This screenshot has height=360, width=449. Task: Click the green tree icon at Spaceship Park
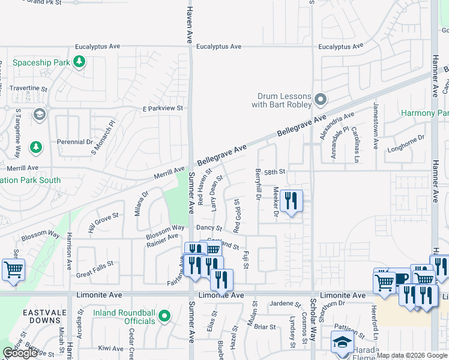click(79, 61)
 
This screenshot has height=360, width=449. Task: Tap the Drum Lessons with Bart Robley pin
click(321, 98)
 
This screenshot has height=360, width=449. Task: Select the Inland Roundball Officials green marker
click(166, 316)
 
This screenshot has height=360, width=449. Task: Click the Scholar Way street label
click(313, 322)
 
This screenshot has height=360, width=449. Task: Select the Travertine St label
click(28, 88)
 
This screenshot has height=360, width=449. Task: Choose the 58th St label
click(274, 172)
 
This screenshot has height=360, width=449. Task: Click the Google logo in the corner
click(20, 353)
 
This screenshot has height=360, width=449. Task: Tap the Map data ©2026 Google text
click(412, 355)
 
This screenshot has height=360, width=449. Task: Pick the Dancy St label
click(209, 229)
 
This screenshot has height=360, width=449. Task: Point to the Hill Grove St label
click(103, 221)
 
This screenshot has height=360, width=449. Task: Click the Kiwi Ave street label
click(110, 348)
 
